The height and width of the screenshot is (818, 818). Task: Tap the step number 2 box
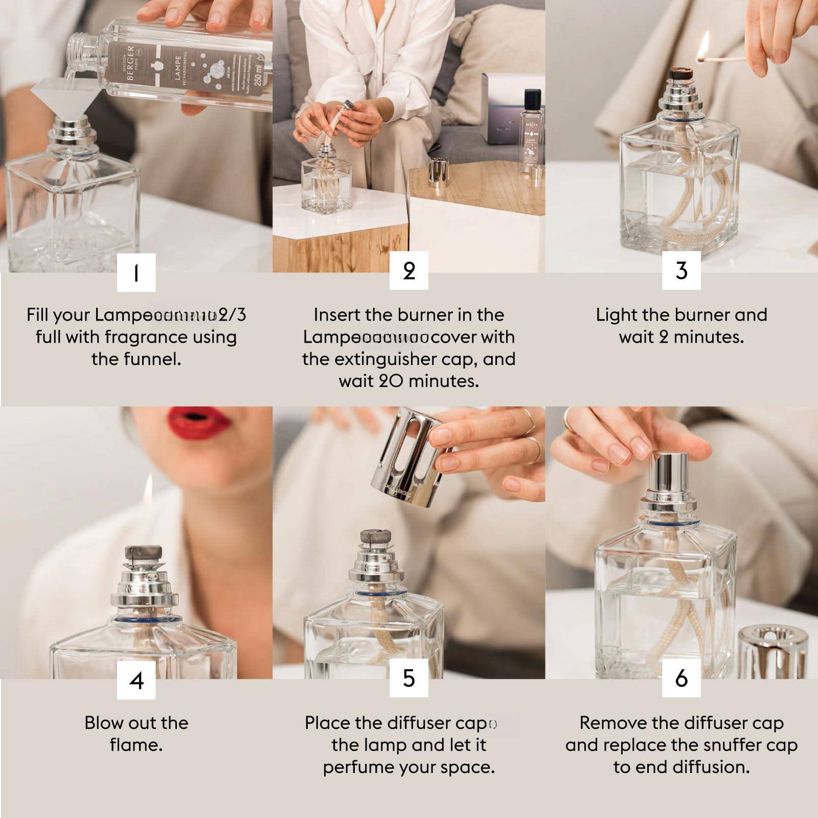pyautogui.click(x=408, y=270)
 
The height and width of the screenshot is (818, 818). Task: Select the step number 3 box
pyautogui.click(x=681, y=270)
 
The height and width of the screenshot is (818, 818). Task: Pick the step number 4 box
pyautogui.click(x=136, y=679)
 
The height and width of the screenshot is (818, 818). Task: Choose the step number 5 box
pyautogui.click(x=408, y=678)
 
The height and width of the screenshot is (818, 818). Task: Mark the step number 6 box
pyautogui.click(x=681, y=678)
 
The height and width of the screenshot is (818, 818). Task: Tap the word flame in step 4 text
pyautogui.click(x=136, y=745)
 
